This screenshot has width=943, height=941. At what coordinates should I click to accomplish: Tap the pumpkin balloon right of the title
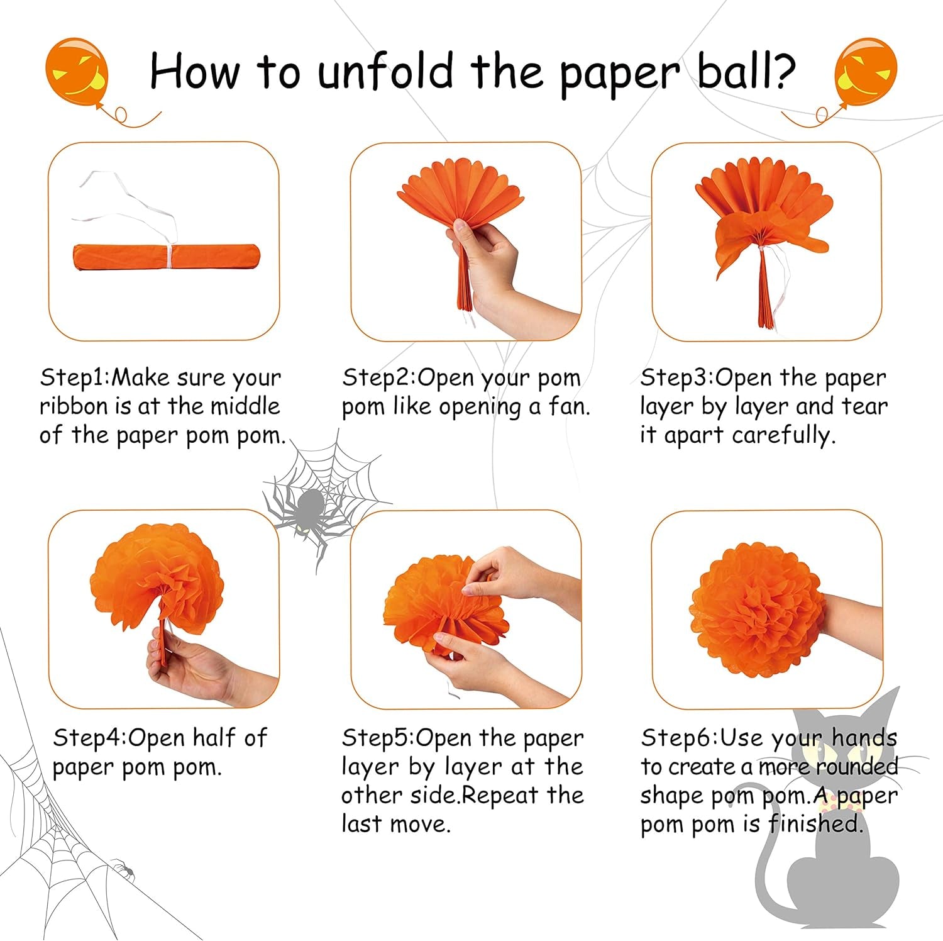865,70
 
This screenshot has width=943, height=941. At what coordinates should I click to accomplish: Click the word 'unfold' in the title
385,70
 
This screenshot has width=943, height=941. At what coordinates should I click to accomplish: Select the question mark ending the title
783,70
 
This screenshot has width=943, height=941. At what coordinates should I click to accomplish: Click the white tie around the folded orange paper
169,255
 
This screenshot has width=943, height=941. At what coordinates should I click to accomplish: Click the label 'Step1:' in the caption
74,377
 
